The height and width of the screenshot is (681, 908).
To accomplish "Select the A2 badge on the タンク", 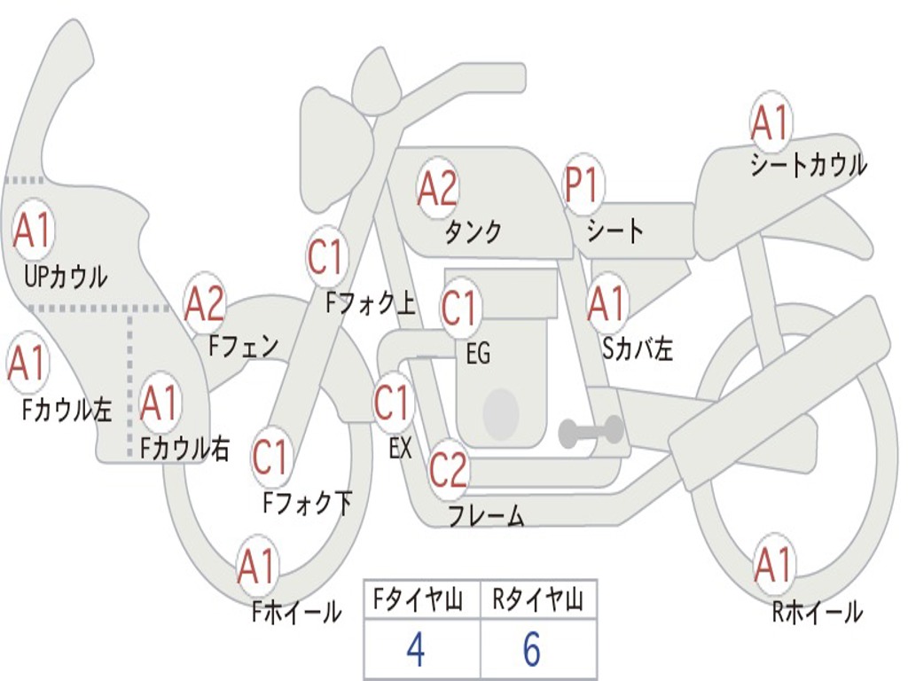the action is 437,187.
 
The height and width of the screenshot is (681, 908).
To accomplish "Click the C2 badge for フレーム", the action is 448,468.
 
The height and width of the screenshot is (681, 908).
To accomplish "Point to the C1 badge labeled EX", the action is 392,403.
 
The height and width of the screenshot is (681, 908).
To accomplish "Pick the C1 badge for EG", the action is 459,309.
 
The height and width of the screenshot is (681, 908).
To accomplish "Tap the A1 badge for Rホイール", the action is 772,565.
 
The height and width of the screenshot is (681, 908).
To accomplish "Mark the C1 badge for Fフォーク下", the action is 270,458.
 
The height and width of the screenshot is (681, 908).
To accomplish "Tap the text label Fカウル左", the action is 67,410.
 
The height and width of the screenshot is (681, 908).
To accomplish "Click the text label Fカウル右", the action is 184,449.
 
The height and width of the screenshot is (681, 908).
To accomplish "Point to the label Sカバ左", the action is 638,349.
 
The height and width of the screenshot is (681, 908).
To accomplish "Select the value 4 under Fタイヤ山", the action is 415,650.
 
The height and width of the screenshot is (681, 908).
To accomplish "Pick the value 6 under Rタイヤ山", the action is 531,650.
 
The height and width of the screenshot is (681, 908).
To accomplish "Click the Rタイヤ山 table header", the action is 537,600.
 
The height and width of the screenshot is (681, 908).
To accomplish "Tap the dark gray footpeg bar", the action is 591,433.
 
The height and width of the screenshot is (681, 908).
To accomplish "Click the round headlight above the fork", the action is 376,82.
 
